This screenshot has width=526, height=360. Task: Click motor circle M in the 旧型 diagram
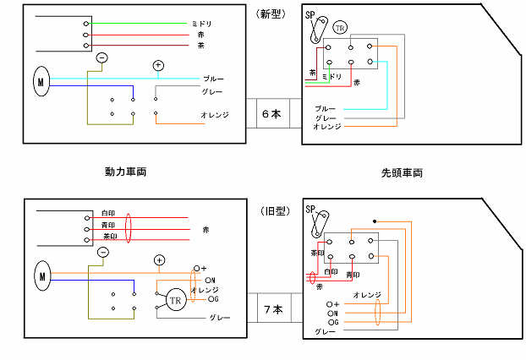tap(41, 275)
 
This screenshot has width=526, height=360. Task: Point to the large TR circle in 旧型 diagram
tap(176, 300)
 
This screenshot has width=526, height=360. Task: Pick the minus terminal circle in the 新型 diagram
tap(101, 57)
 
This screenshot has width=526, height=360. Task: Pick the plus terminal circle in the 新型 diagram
tap(157, 65)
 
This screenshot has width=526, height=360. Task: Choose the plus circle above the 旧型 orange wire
tap(158, 259)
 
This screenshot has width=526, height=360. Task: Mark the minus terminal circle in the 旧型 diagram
tap(102, 252)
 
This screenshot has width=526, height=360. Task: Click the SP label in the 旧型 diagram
tap(310, 210)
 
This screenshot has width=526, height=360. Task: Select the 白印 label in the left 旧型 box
tap(107, 213)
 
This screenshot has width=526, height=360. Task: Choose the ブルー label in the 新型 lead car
tap(326, 109)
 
